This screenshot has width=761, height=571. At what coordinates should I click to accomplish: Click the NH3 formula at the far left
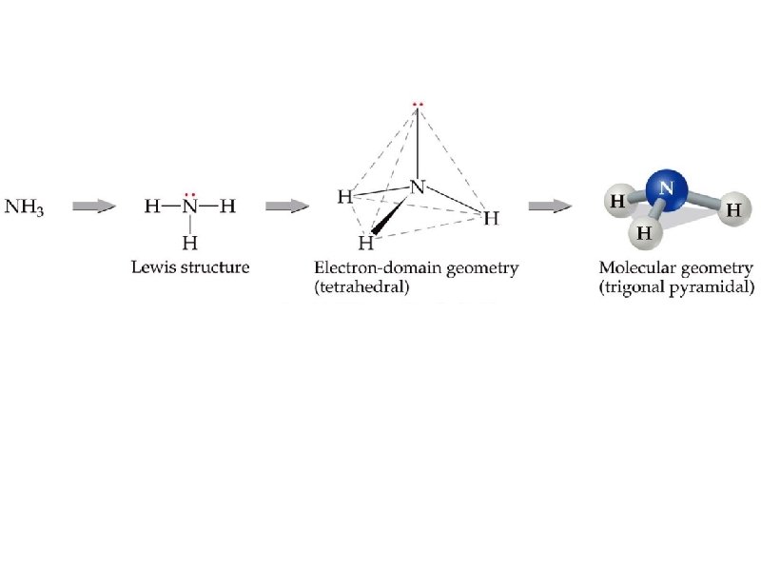[x=26, y=207]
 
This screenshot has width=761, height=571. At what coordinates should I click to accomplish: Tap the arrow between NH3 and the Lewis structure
[x=95, y=206]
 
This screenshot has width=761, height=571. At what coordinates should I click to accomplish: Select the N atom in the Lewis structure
[x=189, y=207]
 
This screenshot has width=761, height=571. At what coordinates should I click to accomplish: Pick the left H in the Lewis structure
[x=152, y=207]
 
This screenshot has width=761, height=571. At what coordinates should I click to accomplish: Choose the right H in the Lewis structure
[x=226, y=207]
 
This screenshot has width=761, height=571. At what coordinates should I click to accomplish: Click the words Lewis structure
[x=189, y=267]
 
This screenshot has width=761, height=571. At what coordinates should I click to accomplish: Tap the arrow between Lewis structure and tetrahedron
[x=286, y=206]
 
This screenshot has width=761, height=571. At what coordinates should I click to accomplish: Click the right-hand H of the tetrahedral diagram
[x=491, y=219]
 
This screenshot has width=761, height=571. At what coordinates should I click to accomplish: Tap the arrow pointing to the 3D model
[x=550, y=206]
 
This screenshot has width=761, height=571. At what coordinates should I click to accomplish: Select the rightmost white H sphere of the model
[x=732, y=210]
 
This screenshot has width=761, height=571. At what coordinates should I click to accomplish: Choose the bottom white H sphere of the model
[x=644, y=231]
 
